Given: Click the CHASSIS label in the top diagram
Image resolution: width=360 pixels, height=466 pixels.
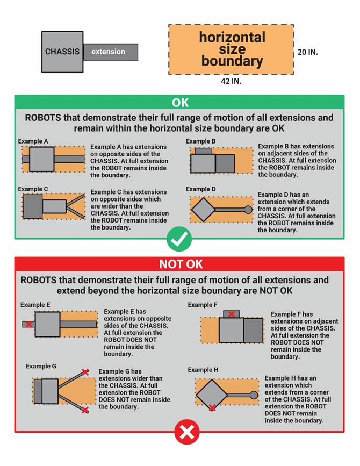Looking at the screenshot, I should tap(62, 52).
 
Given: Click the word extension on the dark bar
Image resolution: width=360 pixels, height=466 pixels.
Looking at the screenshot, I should tap(108, 52).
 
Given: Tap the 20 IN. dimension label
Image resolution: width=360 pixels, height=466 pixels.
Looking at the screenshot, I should tap(307, 53).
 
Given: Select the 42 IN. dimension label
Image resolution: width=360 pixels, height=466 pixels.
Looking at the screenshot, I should tap(231, 81).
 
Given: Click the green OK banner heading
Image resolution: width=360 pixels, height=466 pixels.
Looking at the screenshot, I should tap(180, 103).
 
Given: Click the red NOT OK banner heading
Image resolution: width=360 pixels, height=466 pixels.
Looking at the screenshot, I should tap(179, 264).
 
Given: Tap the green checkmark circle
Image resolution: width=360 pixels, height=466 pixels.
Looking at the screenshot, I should tap(180, 240).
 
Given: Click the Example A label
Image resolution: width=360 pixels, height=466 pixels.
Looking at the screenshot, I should tap(33, 141).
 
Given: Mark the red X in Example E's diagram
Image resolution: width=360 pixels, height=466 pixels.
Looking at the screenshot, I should tap(28, 325).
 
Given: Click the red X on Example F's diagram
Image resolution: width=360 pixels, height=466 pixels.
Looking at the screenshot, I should tap(232, 314).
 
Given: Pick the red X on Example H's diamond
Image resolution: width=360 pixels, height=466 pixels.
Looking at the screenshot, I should tap(212, 408).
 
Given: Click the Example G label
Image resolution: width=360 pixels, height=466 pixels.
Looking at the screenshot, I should tap(41, 367).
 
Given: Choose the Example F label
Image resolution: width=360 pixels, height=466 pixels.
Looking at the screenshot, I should tap(203, 305).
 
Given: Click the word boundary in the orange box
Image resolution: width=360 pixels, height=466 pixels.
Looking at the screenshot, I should tap(232, 61).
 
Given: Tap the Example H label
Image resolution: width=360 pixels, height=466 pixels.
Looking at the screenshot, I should tap(203, 370).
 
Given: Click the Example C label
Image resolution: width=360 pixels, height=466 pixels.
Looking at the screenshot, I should tap(33, 189).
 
